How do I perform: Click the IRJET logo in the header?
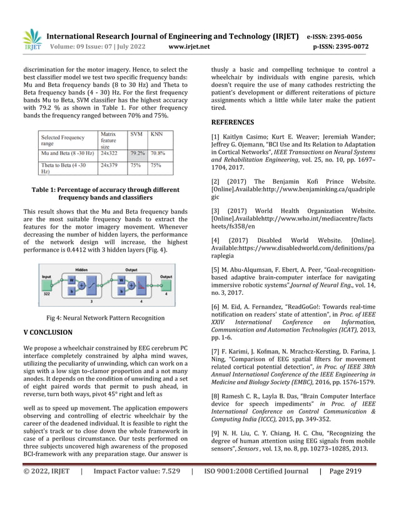pyautogui.click(x=32, y=40)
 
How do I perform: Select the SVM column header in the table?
pyautogui.click(x=136, y=134)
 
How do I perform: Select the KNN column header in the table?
pyautogui.click(x=158, y=134)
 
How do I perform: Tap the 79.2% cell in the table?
pyautogui.click(x=138, y=152)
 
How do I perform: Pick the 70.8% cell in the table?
pyautogui.click(x=158, y=152)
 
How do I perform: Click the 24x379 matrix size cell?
pyautogui.click(x=109, y=166)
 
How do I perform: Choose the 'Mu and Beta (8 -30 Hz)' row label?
pyautogui.click(x=68, y=152)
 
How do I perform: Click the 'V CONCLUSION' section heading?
pyautogui.click(x=48, y=332)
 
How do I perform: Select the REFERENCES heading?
pyautogui.click(x=232, y=122)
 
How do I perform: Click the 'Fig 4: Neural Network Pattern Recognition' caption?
pyautogui.click(x=101, y=318)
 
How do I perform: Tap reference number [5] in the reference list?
pyautogui.click(x=216, y=269)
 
